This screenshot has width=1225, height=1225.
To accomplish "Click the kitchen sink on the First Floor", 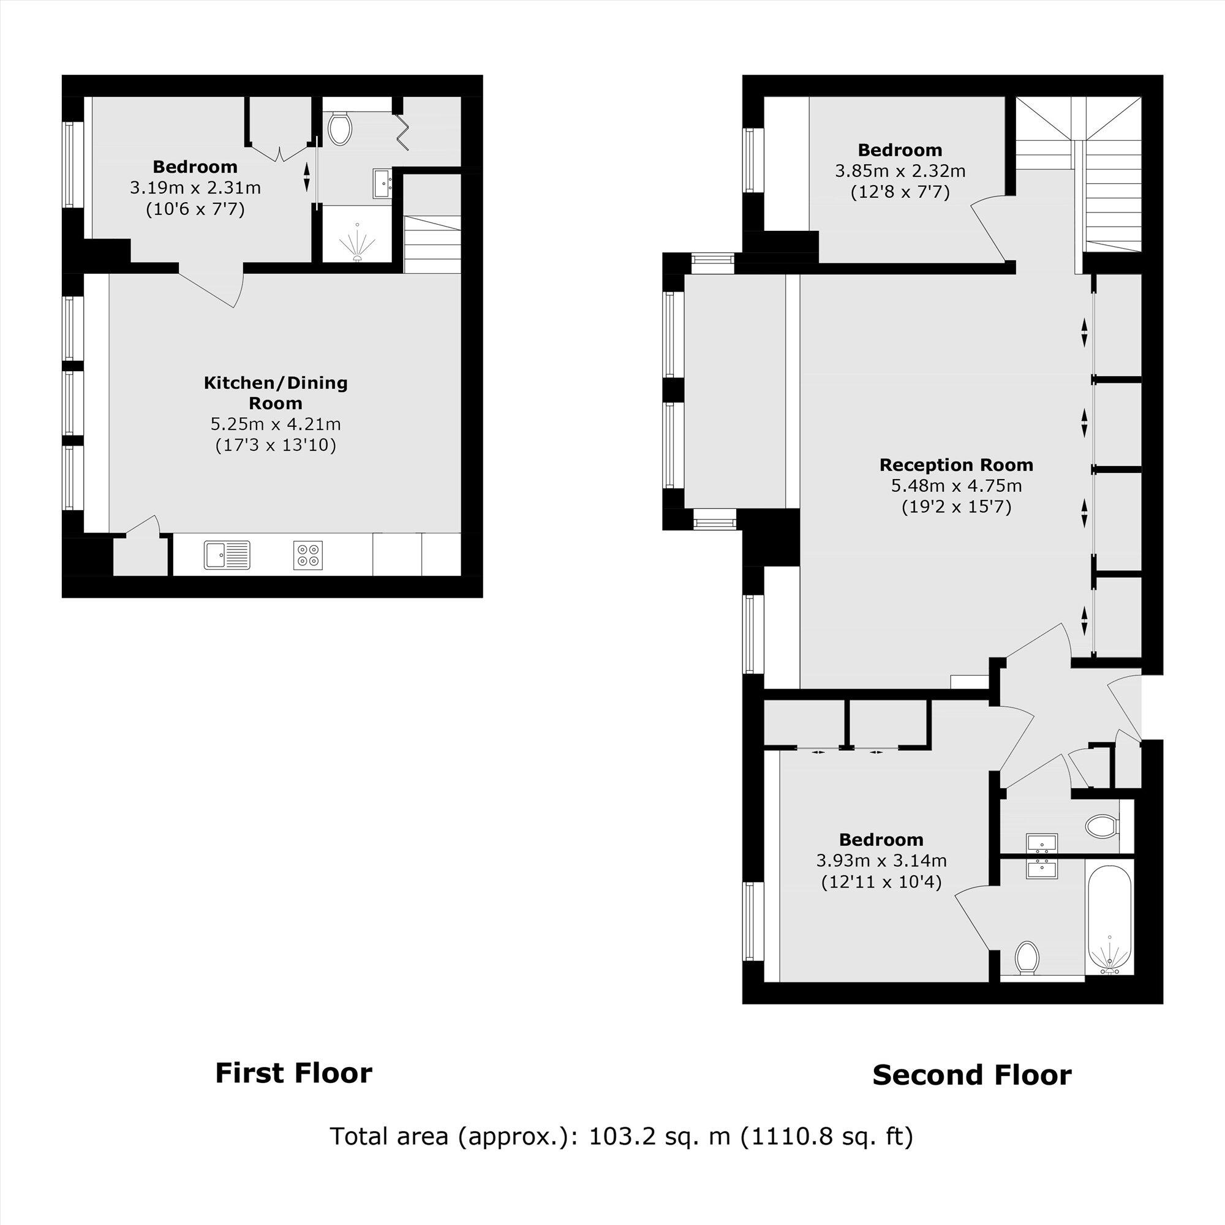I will click(x=227, y=554).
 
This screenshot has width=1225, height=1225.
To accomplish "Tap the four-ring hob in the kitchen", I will click(x=308, y=554).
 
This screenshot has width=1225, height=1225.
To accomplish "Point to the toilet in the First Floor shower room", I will click(x=341, y=128).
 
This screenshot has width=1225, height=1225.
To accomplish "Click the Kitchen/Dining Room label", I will click(x=275, y=393).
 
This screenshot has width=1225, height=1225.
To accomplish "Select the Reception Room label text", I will click(x=956, y=465).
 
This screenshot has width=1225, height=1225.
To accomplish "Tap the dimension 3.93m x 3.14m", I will click(x=881, y=861).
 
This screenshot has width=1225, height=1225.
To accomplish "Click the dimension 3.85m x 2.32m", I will click(x=900, y=170).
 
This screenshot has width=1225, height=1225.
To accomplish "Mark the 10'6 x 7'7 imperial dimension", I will click(x=195, y=209).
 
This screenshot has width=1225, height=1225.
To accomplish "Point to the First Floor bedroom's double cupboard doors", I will click(x=279, y=152).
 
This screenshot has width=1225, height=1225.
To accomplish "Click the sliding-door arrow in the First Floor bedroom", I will click(x=307, y=177).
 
